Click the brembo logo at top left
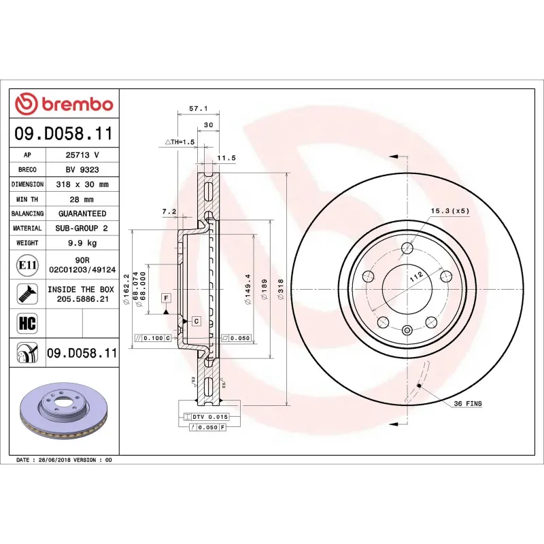point(65,104)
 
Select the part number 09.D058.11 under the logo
point(64,133)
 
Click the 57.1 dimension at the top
point(197,108)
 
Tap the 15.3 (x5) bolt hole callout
point(449,211)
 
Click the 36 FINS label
point(468,404)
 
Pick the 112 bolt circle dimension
point(416,277)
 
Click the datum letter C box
point(196,320)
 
